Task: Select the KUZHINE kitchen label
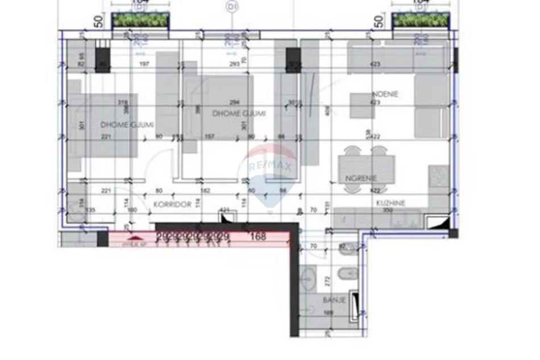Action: [391, 202]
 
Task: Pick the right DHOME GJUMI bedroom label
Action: [239, 114]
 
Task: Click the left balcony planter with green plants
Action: [140, 20]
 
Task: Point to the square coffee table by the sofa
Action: [362, 105]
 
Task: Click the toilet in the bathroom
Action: [346, 276]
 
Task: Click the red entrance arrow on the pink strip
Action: [135, 237]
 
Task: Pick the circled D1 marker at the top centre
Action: [231, 7]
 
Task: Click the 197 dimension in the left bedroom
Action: [144, 64]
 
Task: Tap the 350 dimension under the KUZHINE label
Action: [388, 210]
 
